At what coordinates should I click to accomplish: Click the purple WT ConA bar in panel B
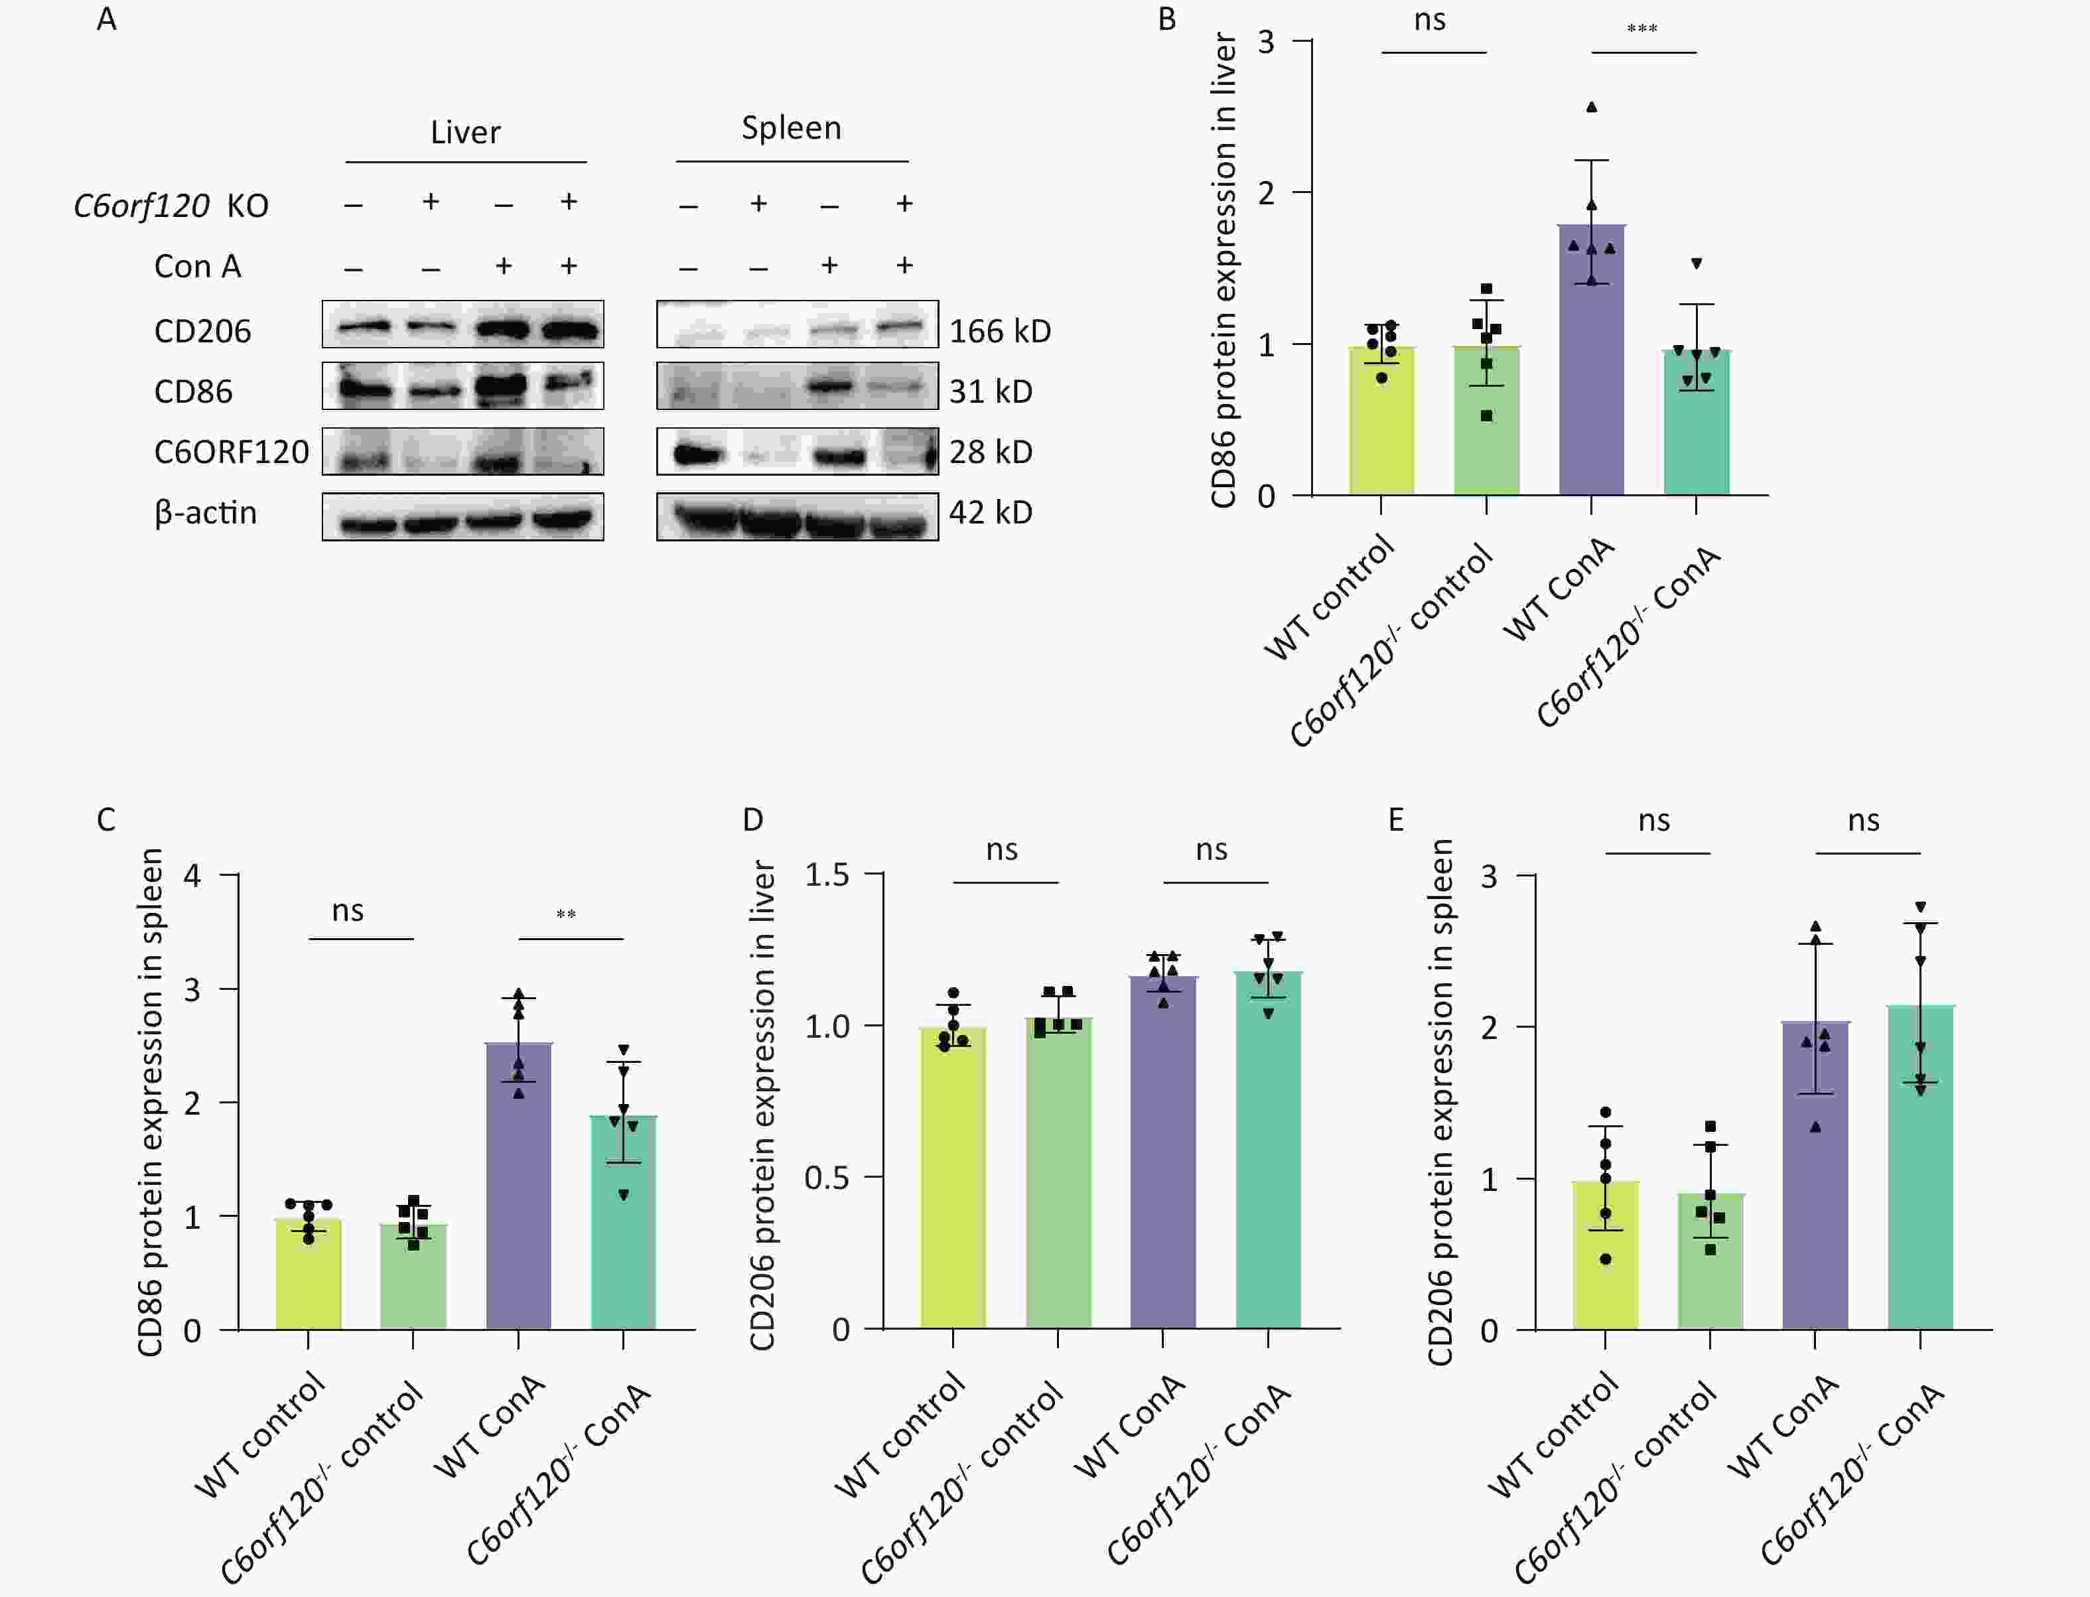coord(1591,380)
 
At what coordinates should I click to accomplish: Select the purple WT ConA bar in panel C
coord(518,1198)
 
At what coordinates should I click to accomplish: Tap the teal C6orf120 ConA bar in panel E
coord(1920,1179)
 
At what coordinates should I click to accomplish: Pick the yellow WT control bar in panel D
coord(953,1188)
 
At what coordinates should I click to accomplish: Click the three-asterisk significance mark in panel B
coord(1642,29)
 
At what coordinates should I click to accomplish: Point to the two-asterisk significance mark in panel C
coord(567,914)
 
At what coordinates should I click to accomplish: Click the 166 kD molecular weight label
coord(1000,331)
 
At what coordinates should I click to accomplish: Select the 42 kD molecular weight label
coord(991,512)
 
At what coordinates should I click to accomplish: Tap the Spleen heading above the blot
coord(791,127)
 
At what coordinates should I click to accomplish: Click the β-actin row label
coord(205,514)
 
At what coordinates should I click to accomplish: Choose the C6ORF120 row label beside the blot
coord(231,452)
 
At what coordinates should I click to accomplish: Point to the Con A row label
coord(198,266)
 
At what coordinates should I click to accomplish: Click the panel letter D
coord(753,819)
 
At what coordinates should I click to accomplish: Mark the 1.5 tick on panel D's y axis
coord(827,874)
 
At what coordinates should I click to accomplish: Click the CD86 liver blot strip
coord(463,386)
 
